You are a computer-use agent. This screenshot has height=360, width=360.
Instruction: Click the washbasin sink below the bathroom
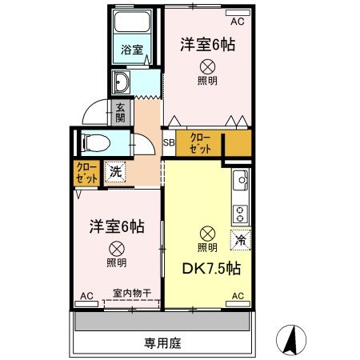pos(123,82)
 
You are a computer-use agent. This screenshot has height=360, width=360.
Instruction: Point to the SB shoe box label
pos(169,144)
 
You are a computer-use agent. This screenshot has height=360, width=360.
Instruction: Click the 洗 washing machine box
pos(115,170)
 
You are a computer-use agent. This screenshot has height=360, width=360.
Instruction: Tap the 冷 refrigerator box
pos(238,238)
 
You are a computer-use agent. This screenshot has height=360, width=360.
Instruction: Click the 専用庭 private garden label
pos(163,343)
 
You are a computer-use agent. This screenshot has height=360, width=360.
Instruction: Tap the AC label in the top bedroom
pos(236,11)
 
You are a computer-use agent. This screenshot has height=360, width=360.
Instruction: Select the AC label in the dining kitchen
pos(237,296)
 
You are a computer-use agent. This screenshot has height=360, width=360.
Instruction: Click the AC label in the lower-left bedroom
pos(86,296)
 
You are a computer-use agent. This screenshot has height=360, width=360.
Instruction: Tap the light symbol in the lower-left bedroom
pos(116,248)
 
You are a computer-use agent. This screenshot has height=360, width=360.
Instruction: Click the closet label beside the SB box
pos(201,143)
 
